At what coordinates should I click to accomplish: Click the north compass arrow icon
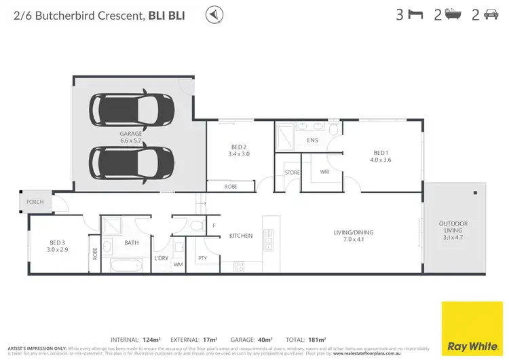coord(215,14)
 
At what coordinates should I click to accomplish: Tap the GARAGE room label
coord(131,134)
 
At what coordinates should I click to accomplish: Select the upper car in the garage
coord(132,109)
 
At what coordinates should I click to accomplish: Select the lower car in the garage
coord(132,162)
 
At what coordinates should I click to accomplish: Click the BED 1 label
coord(380,152)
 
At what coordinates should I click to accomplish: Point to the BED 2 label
coord(238,147)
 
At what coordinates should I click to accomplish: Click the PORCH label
coord(35,202)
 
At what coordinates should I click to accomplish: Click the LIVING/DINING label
coord(353,232)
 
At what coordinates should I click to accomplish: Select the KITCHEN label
coord(240,236)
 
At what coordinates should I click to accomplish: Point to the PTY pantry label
coord(202,258)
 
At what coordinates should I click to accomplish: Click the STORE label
coord(292,173)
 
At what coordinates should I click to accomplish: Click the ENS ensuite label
coord(312,141)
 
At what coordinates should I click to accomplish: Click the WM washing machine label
coord(178,264)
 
